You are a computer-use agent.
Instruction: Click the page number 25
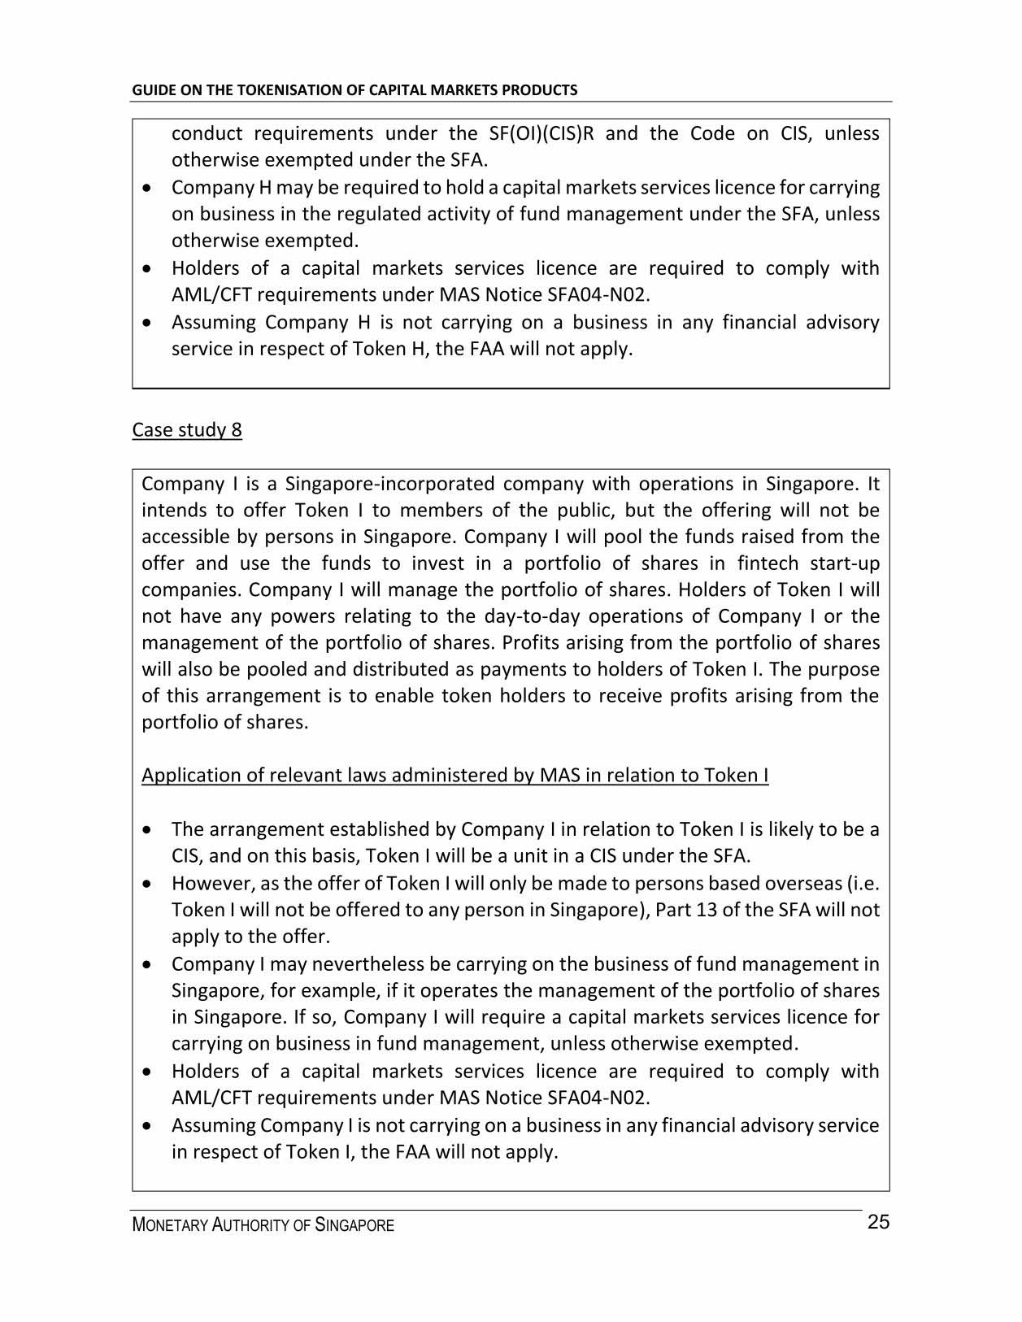pyautogui.click(x=878, y=1222)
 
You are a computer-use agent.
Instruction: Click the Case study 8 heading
pyautogui.click(x=187, y=430)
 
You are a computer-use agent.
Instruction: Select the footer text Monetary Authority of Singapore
pyautogui.click(x=263, y=1225)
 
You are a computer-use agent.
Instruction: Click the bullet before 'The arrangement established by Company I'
pyautogui.click(x=146, y=830)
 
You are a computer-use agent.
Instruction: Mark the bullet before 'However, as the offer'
pyautogui.click(x=146, y=884)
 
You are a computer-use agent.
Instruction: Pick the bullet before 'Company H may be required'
pyautogui.click(x=146, y=188)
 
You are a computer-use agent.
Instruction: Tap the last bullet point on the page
pyautogui.click(x=146, y=1126)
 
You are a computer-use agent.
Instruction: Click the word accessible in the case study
pyautogui.click(x=176, y=537)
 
